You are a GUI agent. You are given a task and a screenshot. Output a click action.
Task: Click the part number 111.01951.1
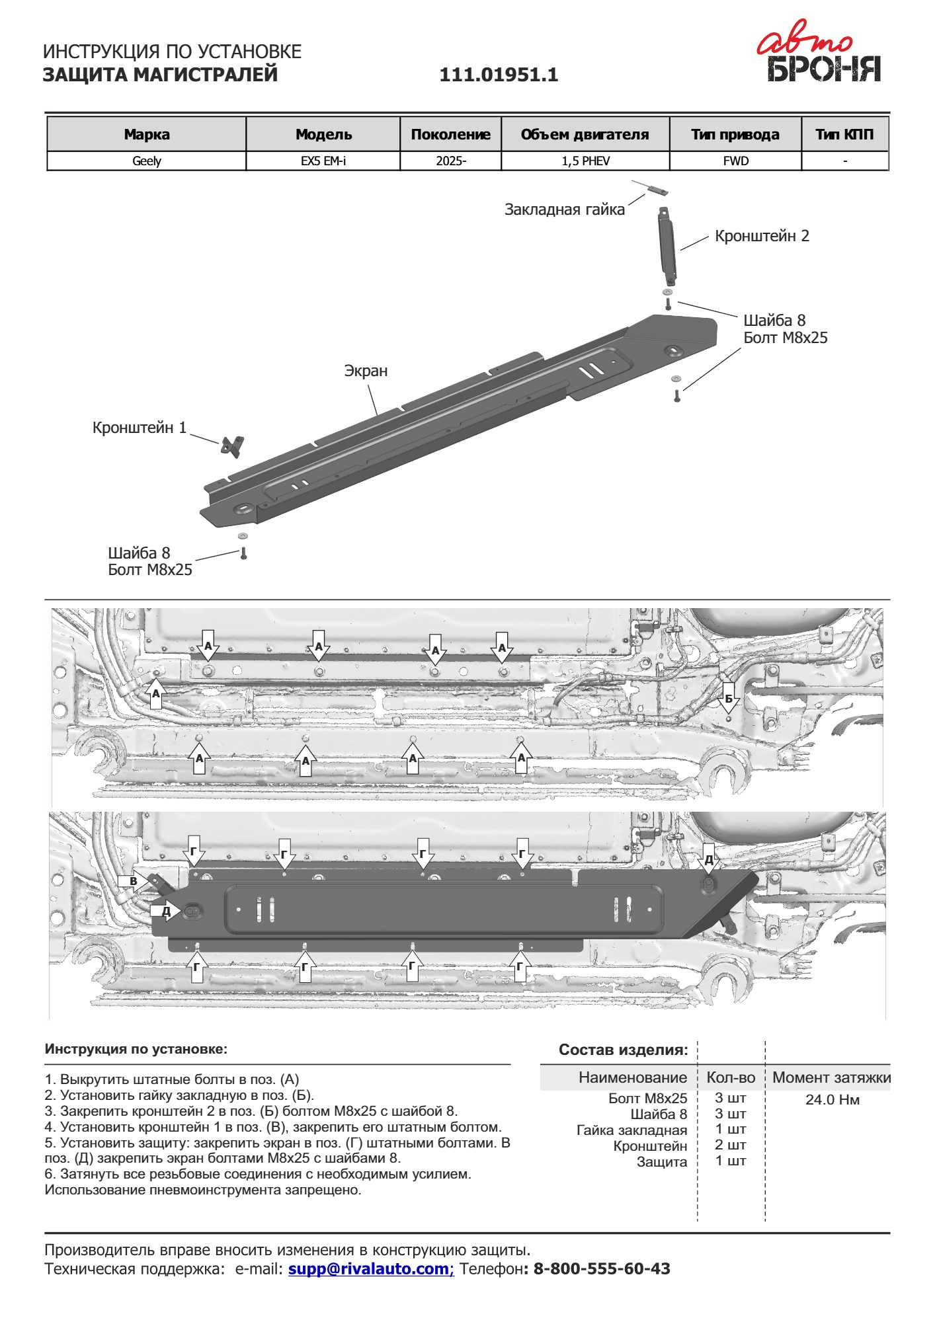[499, 75]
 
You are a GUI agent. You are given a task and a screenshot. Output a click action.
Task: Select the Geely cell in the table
[146, 161]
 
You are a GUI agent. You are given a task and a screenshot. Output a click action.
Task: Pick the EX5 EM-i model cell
[323, 161]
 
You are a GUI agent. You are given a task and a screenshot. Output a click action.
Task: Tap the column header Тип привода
[735, 135]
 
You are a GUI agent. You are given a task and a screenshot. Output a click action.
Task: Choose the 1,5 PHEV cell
[585, 161]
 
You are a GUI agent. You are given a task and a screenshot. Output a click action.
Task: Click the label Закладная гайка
[564, 210]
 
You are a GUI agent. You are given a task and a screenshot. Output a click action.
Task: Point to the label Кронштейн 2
[761, 237]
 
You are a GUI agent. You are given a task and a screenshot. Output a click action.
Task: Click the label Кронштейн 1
[139, 428]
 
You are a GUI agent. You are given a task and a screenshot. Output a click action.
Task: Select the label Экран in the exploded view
[366, 371]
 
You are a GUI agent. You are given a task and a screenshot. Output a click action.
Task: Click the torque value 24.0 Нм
[832, 1100]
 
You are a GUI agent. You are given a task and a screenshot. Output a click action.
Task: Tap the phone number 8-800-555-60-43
[601, 1269]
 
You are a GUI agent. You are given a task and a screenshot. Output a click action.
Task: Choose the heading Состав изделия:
[623, 1050]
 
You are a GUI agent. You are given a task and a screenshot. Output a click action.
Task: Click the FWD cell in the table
[735, 161]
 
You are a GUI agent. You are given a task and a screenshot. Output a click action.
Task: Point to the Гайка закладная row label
[631, 1130]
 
